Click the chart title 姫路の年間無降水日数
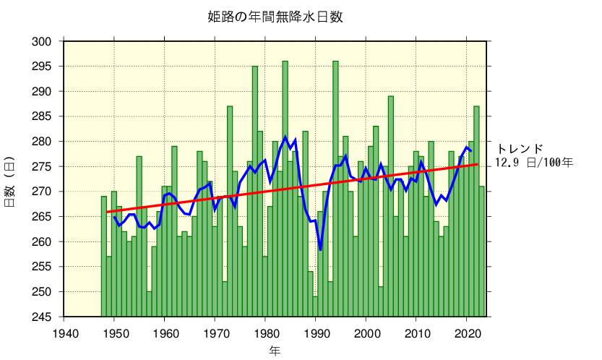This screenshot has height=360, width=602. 275,17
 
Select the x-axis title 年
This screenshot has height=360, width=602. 275,351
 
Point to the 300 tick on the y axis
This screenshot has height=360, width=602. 43,42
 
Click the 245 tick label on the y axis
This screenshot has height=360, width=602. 43,317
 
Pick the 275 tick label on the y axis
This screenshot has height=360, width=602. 43,167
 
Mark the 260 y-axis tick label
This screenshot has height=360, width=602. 43,242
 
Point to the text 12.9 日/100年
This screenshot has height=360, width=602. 534,163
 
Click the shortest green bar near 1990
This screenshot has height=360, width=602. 315,307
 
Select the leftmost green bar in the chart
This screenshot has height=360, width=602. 104,257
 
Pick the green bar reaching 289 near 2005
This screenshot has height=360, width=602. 391,206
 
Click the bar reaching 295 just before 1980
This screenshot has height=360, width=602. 255,192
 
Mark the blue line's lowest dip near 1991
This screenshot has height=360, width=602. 320,250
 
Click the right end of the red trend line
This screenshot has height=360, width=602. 477,164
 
